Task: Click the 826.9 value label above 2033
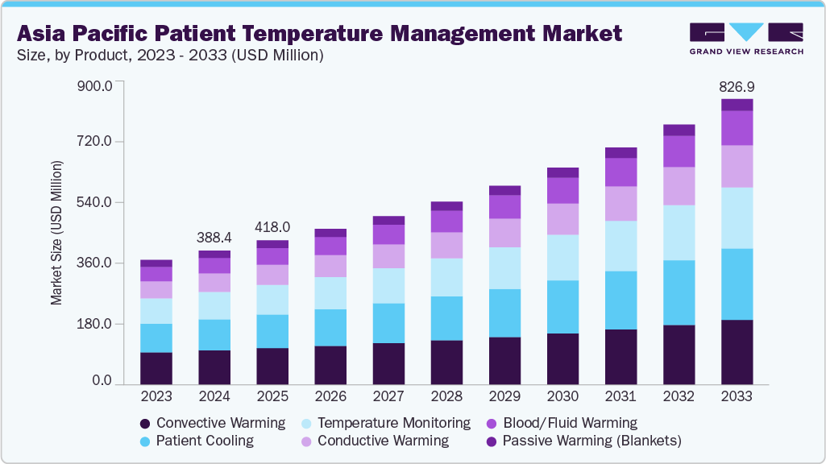click(x=737, y=86)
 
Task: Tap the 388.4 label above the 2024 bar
click(x=214, y=238)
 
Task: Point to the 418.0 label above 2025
click(x=272, y=227)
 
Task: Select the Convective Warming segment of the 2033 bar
click(x=737, y=351)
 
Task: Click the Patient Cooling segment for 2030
click(x=562, y=307)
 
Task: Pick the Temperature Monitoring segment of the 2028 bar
click(x=446, y=277)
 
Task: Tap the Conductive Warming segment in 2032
click(x=679, y=186)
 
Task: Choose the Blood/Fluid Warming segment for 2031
click(x=621, y=172)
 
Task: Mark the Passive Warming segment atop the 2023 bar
click(x=156, y=263)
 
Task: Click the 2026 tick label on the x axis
click(x=330, y=396)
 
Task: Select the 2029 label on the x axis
click(x=504, y=396)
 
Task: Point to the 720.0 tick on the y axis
click(x=95, y=142)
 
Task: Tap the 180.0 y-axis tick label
click(x=95, y=324)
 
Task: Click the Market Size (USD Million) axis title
click(x=56, y=233)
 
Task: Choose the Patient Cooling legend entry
click(x=205, y=441)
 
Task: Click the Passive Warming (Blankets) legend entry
click(x=591, y=441)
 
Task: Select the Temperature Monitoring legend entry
click(x=393, y=423)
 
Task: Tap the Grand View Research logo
click(x=746, y=39)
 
